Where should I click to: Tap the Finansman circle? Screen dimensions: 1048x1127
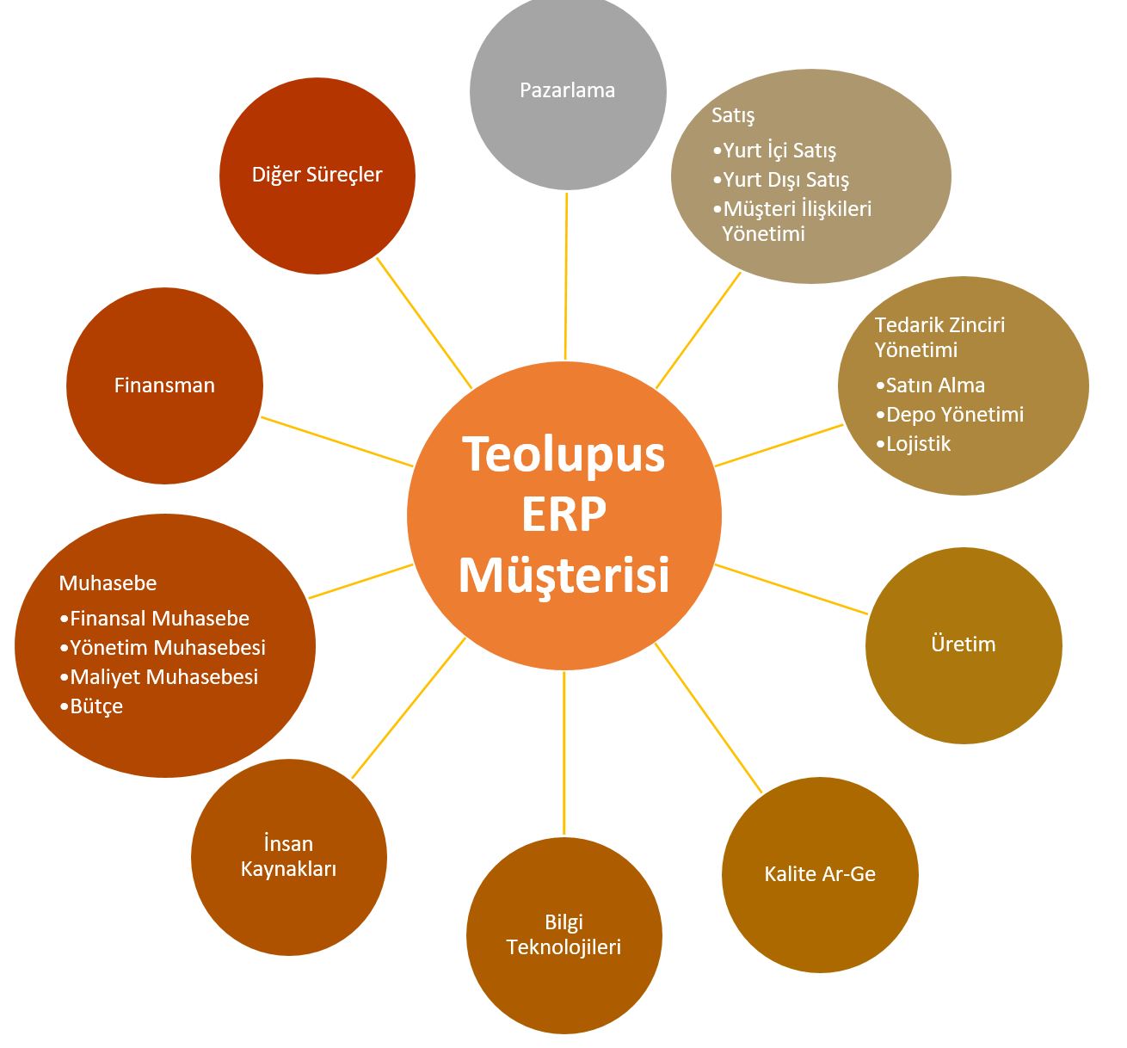[164, 385]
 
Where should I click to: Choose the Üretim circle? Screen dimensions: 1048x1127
[964, 644]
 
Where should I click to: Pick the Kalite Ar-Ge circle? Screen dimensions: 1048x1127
[820, 874]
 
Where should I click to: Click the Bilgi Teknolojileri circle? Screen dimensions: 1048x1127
[564, 935]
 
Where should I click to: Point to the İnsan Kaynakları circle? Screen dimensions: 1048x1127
[288, 856]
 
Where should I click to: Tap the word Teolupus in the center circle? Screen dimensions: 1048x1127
[564, 454]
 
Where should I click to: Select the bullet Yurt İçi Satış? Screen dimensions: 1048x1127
[779, 151]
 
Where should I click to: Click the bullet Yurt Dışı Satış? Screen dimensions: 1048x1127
[785, 180]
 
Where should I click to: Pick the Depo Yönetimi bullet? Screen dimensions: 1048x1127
[953, 415]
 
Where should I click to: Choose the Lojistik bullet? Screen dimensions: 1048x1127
[917, 444]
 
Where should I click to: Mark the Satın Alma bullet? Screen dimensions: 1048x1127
[934, 385]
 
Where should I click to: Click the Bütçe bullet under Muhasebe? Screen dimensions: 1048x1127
[95, 706]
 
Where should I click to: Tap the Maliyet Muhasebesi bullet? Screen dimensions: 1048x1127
[163, 677]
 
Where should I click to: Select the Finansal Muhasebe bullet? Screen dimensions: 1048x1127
[159, 619]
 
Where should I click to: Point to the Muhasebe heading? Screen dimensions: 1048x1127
[108, 583]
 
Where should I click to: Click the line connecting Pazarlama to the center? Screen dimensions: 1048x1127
[566, 275]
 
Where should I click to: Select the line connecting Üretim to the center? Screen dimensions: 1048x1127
[791, 589]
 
